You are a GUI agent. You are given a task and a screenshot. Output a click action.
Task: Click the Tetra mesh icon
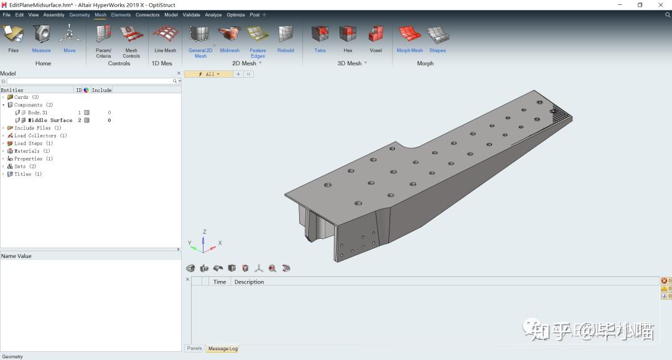[x=320, y=35]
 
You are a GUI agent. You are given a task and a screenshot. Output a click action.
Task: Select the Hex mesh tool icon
[x=348, y=35]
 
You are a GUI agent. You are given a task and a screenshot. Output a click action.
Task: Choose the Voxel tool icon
[x=376, y=35]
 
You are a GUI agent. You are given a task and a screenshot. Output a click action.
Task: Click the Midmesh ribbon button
[x=230, y=35]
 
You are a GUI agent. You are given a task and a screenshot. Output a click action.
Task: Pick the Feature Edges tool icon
[x=258, y=35]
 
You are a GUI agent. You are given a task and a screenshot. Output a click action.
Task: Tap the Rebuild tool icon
[x=286, y=35]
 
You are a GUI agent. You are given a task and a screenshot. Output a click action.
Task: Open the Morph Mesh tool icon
[x=409, y=35]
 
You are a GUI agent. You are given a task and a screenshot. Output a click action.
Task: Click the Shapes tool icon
[x=437, y=35]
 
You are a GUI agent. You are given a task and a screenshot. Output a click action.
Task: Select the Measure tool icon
[x=41, y=35]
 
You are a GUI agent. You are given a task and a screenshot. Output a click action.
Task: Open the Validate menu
[x=192, y=15]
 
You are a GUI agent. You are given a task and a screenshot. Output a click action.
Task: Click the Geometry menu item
[x=80, y=15]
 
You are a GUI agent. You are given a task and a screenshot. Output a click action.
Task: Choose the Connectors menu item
[x=147, y=15]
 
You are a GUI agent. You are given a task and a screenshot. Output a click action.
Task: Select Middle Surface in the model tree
[x=50, y=120]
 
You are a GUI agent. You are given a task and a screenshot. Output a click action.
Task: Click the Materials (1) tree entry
[x=32, y=151]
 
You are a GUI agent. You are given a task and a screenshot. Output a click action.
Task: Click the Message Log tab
[x=223, y=349]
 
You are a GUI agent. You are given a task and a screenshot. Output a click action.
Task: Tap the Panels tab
[x=195, y=349]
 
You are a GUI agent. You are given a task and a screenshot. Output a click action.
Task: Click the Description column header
[x=249, y=282]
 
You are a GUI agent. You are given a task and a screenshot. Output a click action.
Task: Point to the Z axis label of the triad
[x=205, y=232]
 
